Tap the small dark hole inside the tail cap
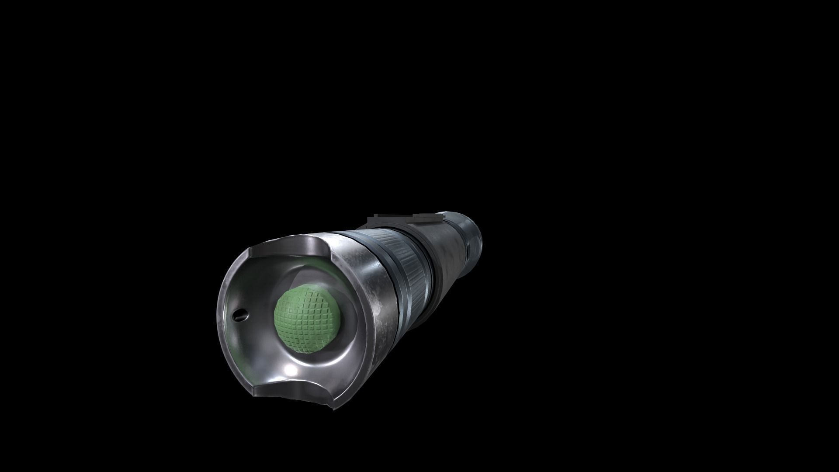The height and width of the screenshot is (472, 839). pos(239,314)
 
